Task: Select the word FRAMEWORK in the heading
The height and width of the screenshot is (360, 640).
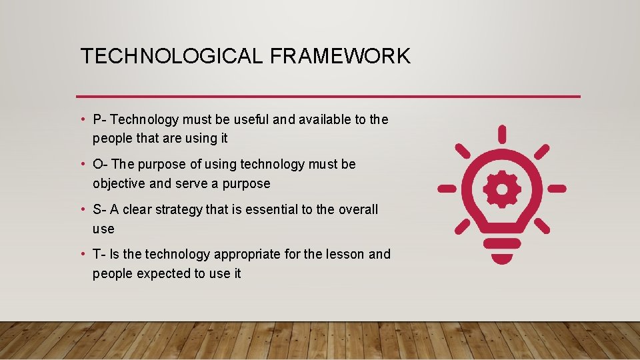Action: point(340,56)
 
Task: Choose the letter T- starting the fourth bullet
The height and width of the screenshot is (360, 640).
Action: point(99,254)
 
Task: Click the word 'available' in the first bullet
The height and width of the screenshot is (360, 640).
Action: point(324,119)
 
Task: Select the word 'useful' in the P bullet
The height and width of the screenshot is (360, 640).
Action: point(249,119)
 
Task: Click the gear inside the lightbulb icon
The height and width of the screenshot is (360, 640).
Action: point(502,190)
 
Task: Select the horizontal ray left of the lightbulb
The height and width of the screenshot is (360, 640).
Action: point(447,189)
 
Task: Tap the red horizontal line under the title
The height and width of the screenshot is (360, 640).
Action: point(328,97)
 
